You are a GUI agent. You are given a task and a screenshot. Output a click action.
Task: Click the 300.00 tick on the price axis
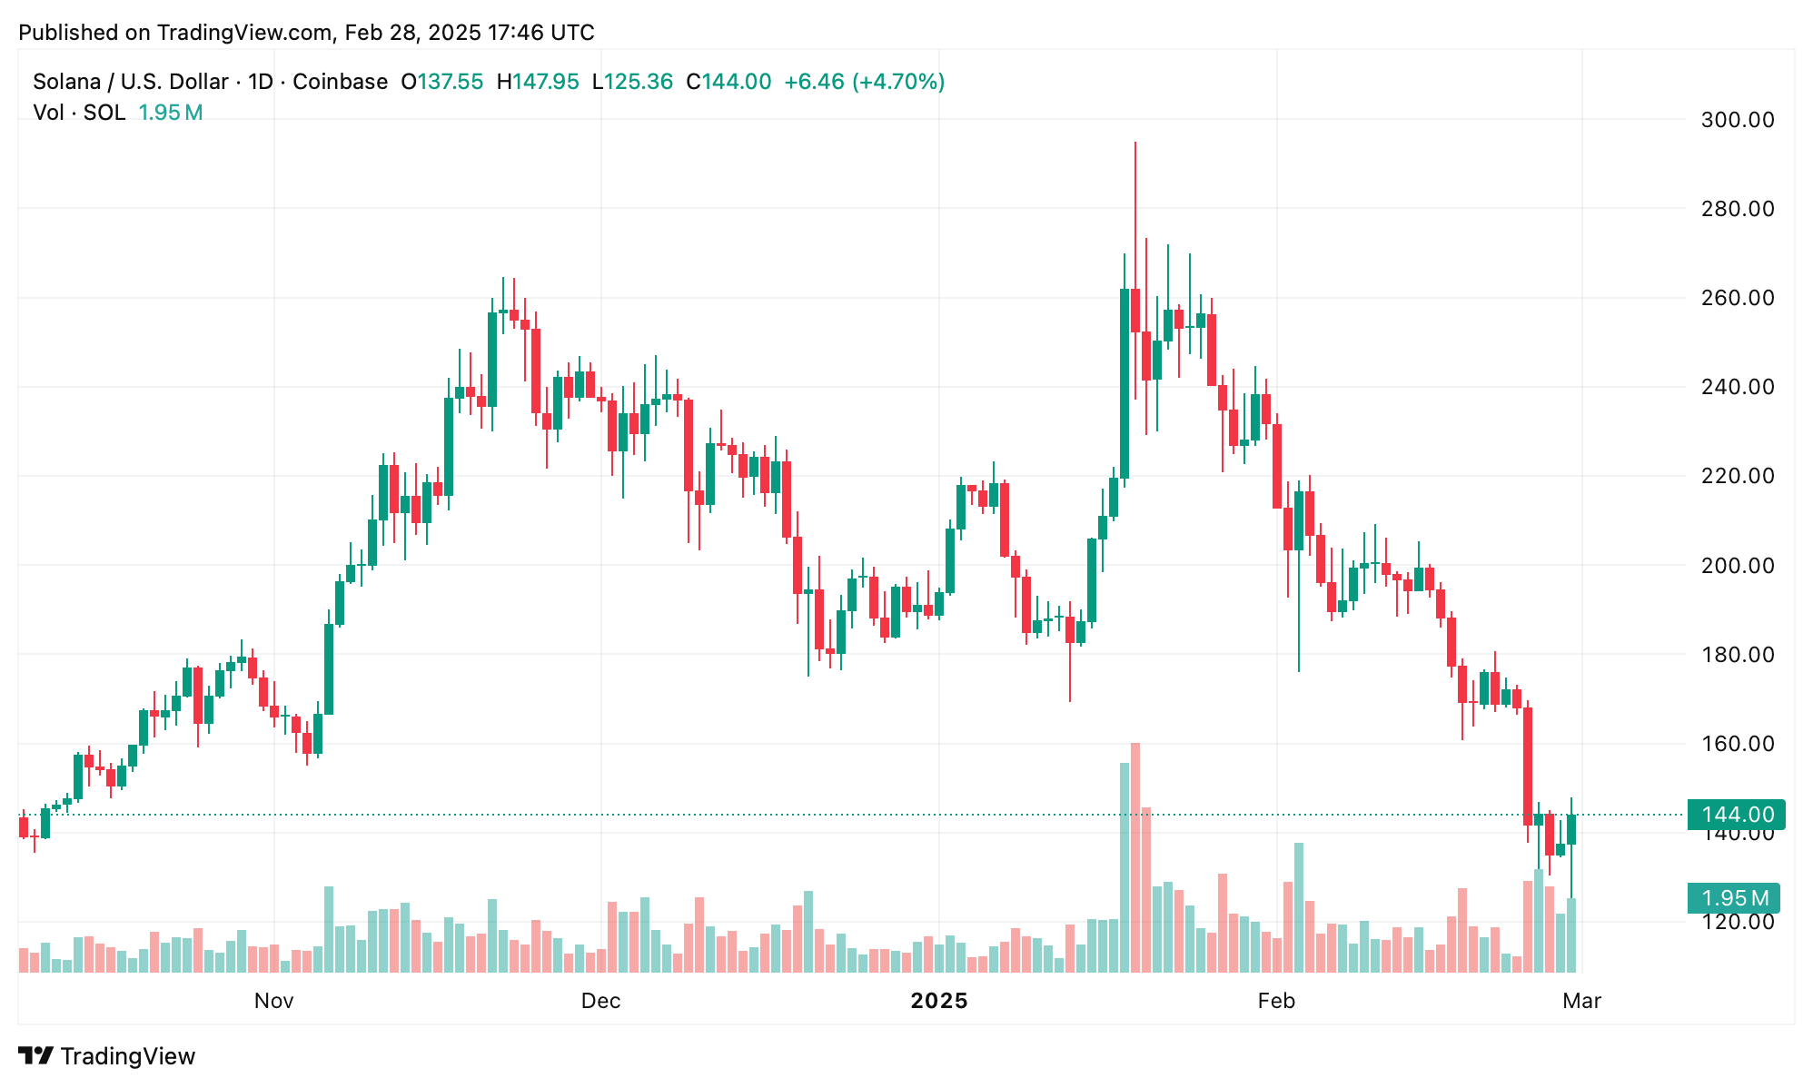[1737, 120]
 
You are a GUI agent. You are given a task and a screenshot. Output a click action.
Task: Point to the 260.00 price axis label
[1737, 298]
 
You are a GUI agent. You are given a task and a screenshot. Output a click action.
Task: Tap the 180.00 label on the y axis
[1737, 655]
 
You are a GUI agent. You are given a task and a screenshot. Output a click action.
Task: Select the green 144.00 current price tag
[1736, 815]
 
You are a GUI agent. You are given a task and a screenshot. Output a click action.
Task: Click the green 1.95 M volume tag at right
[1733, 898]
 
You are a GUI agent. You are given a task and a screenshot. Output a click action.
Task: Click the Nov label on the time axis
[273, 1001]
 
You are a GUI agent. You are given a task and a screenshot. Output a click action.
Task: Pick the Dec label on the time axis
[600, 1001]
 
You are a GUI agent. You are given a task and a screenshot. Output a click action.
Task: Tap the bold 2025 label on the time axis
[939, 1001]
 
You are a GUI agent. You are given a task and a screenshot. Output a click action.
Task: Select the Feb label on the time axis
[1275, 1001]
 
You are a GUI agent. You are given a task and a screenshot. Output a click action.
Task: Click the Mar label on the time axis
[1581, 1001]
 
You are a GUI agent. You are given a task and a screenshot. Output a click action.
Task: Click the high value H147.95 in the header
[538, 82]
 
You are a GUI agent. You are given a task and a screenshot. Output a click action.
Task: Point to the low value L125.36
[632, 82]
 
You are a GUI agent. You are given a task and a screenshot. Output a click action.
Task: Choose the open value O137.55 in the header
[442, 82]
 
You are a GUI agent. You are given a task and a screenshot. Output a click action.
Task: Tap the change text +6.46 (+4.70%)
[864, 82]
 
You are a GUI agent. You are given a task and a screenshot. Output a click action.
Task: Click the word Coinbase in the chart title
[340, 82]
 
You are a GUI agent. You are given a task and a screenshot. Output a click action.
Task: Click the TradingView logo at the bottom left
[107, 1056]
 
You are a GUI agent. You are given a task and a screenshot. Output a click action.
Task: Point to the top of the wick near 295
[1135, 143]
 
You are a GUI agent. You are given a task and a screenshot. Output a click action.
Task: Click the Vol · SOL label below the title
[79, 113]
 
